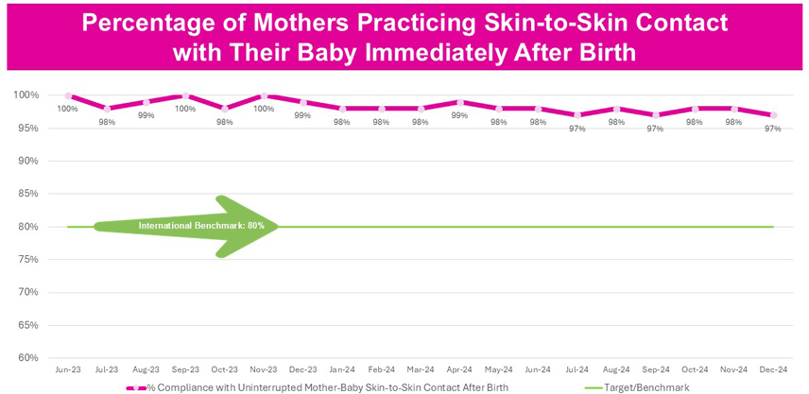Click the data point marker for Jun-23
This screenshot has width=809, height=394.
point(68,96)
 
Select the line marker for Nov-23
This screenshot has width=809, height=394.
point(265,96)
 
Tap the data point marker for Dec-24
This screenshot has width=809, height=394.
point(773,115)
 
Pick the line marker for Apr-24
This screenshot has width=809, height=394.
point(459,102)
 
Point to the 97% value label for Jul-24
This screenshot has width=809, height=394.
point(577,128)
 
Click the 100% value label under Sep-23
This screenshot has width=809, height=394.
point(185,109)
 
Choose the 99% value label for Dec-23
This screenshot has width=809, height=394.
point(302,115)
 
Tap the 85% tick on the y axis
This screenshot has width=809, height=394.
point(29,194)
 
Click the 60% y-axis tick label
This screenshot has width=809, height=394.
point(29,358)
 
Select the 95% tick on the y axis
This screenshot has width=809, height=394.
point(29,128)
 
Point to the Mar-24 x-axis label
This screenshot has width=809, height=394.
point(421,369)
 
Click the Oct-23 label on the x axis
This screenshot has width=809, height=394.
point(224,369)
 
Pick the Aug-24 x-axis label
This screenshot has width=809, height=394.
point(616,369)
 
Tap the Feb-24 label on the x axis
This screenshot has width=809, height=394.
point(381,369)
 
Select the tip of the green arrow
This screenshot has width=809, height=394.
point(279,227)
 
